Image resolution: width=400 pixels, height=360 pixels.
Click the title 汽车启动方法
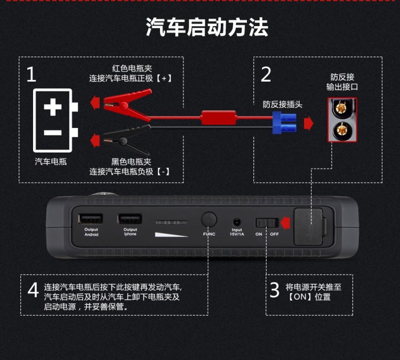tap(207, 28)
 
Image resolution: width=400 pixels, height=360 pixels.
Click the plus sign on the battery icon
tap(52, 107)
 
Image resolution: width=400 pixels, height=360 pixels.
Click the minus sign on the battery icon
tap(52, 132)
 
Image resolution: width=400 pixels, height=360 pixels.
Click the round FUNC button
tap(209, 220)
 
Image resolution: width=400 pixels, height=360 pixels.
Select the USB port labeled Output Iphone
tap(130, 219)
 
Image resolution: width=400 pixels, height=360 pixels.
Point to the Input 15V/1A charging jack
tap(236, 221)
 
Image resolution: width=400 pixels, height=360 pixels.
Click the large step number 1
tap(31, 75)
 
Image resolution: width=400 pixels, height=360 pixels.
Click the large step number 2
tap(266, 75)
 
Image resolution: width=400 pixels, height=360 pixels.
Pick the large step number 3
tap(274, 290)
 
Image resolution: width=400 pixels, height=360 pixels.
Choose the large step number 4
tap(33, 290)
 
